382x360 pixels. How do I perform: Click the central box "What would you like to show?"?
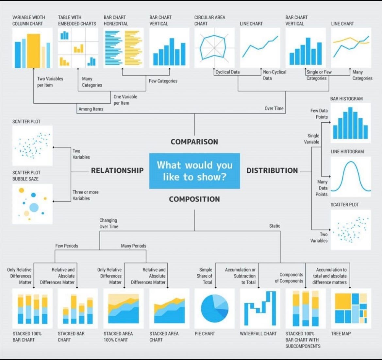pos(194,171)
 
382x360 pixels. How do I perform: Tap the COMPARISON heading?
pos(194,142)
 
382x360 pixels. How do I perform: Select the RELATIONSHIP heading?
pos(117,170)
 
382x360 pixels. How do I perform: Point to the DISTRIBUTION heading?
pos(272,170)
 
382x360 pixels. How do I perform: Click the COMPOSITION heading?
pos(194,199)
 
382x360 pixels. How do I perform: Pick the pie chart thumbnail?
pos(214,308)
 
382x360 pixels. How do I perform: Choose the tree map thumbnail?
pos(351,308)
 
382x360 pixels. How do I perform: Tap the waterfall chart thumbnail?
pos(260,308)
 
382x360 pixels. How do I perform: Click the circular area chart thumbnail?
pos(214,48)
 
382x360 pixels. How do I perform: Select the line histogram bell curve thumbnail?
pos(351,177)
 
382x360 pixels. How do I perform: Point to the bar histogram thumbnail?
pos(351,123)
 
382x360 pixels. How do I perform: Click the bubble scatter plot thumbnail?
pos(32,204)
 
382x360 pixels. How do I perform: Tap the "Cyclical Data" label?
pos(227,72)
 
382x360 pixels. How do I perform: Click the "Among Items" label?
pos(91,109)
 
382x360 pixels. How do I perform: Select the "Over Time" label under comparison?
pos(274,108)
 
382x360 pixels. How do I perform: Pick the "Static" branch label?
pos(274,226)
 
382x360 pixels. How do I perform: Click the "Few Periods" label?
pos(67,246)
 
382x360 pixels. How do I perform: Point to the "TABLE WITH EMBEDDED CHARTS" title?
pos(77,20)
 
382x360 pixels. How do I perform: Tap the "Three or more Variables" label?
pos(85,195)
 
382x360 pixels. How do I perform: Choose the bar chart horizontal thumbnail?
pos(124,48)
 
